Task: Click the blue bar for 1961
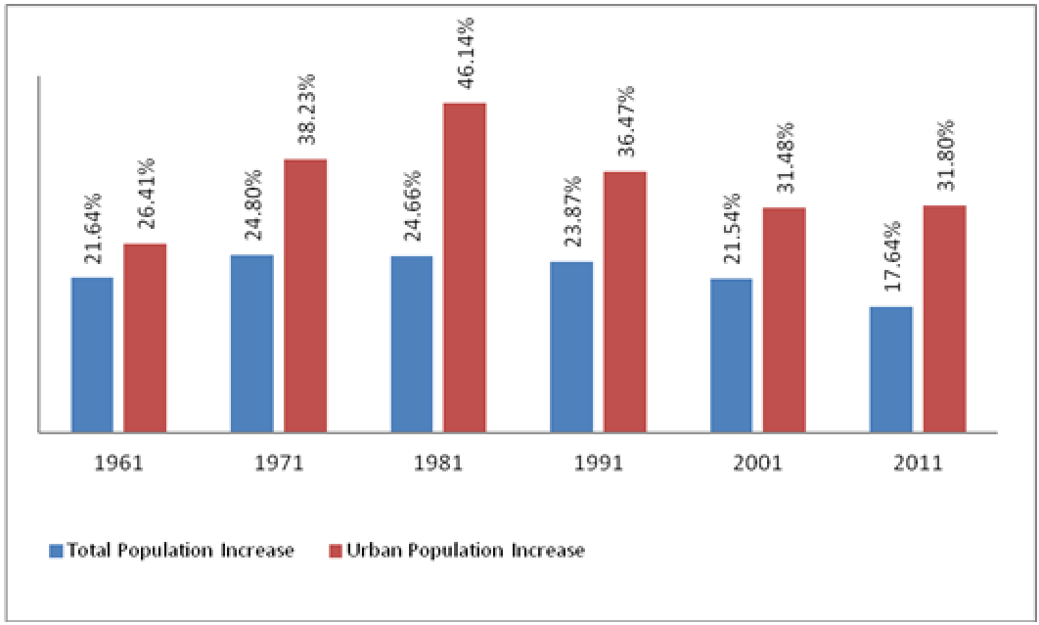pos(92,354)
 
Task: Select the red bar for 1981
pos(465,266)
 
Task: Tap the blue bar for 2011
pos(891,369)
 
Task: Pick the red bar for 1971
pos(305,294)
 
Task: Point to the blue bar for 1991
pos(571,346)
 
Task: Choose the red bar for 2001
pos(784,319)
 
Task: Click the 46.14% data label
pos(466,54)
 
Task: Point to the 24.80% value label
pos(252,210)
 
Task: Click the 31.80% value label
pos(945,160)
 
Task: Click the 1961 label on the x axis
pos(119,464)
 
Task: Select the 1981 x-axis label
pos(438,464)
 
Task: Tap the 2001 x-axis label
pos(757,464)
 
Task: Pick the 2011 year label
pos(918,464)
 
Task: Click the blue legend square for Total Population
pos(56,551)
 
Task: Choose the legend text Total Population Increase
pos(180,551)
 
